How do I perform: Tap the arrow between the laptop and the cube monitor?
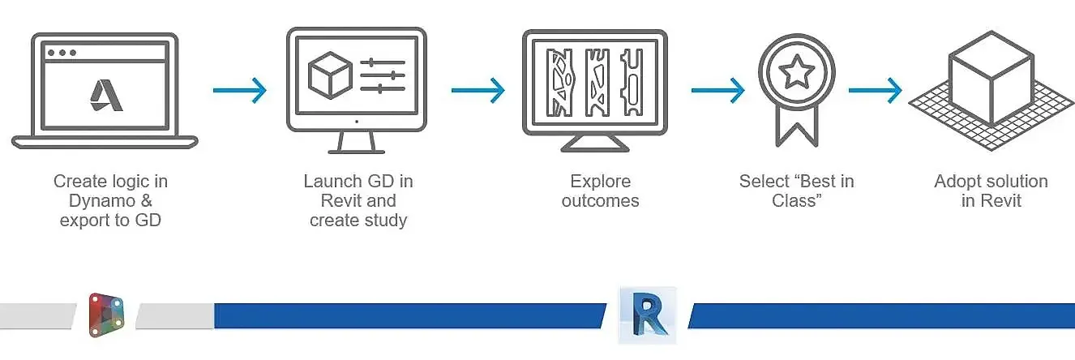tap(240, 89)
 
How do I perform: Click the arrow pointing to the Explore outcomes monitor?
tap(478, 89)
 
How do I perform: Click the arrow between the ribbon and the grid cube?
tap(875, 89)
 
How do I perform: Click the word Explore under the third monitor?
tap(600, 181)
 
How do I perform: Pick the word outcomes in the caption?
tap(600, 200)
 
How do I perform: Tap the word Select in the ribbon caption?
tap(764, 181)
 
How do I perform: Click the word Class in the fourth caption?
tap(796, 200)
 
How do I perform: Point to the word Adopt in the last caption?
tap(960, 181)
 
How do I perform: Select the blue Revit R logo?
tap(646, 314)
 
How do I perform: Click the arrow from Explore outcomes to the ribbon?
tap(717, 89)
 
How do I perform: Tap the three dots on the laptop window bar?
tap(62, 53)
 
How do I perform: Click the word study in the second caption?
tap(381, 220)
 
